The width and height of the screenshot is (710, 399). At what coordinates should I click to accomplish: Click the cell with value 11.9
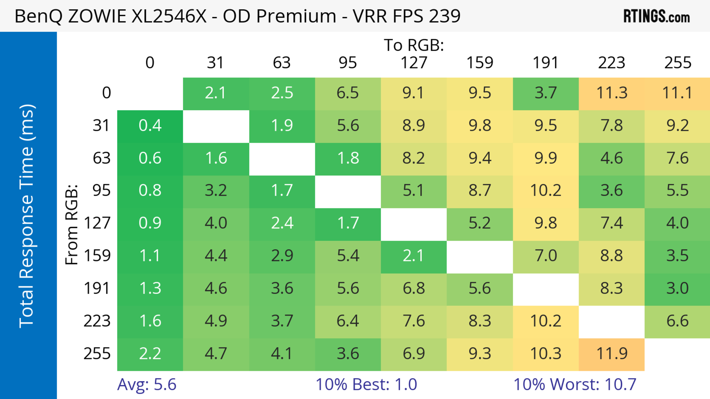612,354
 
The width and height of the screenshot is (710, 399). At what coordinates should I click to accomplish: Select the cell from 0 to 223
612,93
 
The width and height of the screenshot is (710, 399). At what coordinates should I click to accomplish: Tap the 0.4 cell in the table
150,126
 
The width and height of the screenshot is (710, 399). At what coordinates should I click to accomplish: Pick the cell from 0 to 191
546,93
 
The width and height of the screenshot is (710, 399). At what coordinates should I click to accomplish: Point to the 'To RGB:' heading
414,45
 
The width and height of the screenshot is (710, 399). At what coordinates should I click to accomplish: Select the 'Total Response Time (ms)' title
27,216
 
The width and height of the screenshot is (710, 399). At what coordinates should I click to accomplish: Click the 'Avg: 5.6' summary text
147,384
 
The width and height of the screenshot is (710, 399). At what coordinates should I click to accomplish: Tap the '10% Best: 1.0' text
366,384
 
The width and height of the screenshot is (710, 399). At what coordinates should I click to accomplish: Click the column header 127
414,63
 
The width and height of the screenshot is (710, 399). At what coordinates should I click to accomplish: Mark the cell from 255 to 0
150,354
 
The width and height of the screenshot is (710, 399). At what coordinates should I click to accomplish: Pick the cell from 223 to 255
677,321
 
